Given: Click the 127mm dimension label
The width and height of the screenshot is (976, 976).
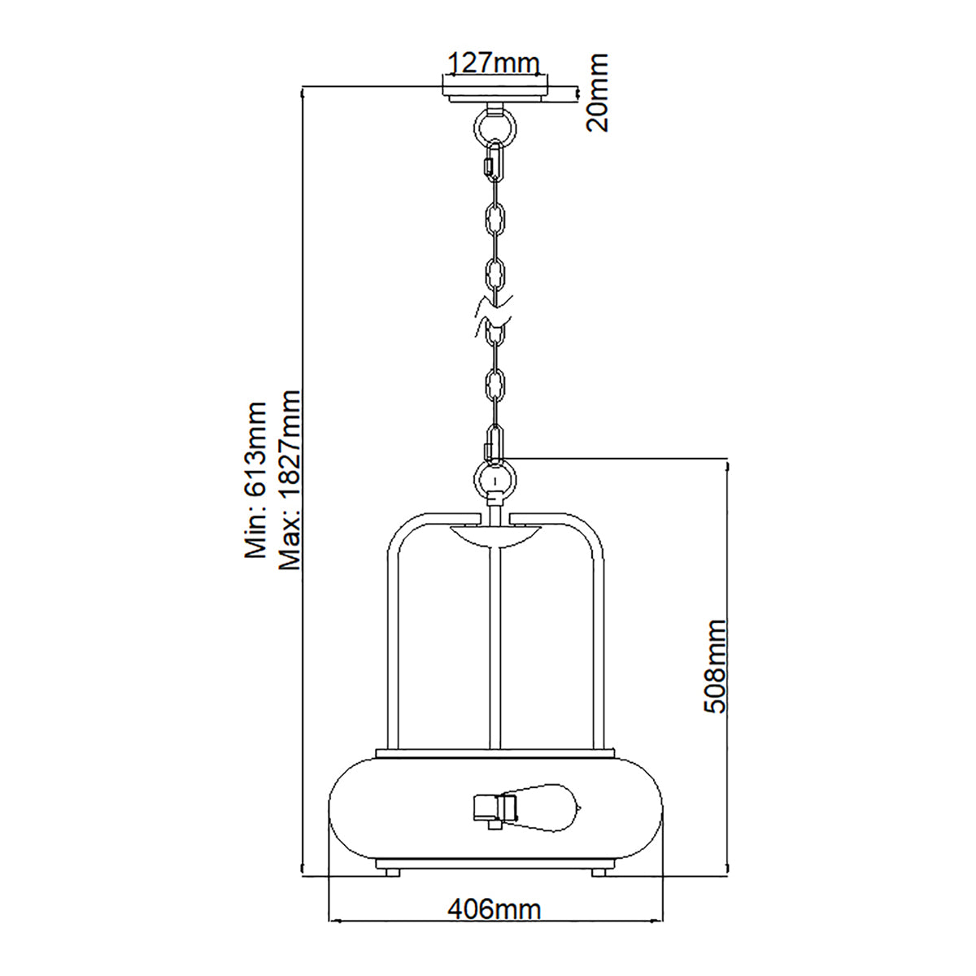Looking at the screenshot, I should click(x=495, y=63).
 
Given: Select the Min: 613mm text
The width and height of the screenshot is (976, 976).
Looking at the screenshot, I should click(x=256, y=481).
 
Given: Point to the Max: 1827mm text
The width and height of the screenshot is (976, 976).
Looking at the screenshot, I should click(x=290, y=481).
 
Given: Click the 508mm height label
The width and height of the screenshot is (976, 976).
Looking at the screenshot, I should click(x=715, y=666).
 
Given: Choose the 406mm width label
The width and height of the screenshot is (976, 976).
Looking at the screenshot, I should click(x=495, y=908).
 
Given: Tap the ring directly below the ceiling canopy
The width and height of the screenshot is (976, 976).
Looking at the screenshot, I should click(x=495, y=125).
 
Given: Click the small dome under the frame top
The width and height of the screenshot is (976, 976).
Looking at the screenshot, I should click(x=495, y=538).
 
